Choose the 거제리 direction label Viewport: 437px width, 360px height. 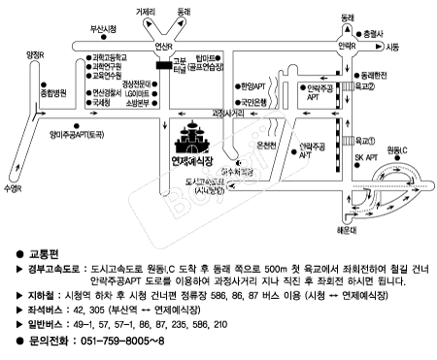pos(145,11)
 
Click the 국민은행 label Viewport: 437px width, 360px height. pos(255,100)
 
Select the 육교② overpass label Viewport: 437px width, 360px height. pos(363,85)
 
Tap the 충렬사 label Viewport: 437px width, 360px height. pos(402,30)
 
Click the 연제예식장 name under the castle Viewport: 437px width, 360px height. pos(196,159)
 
